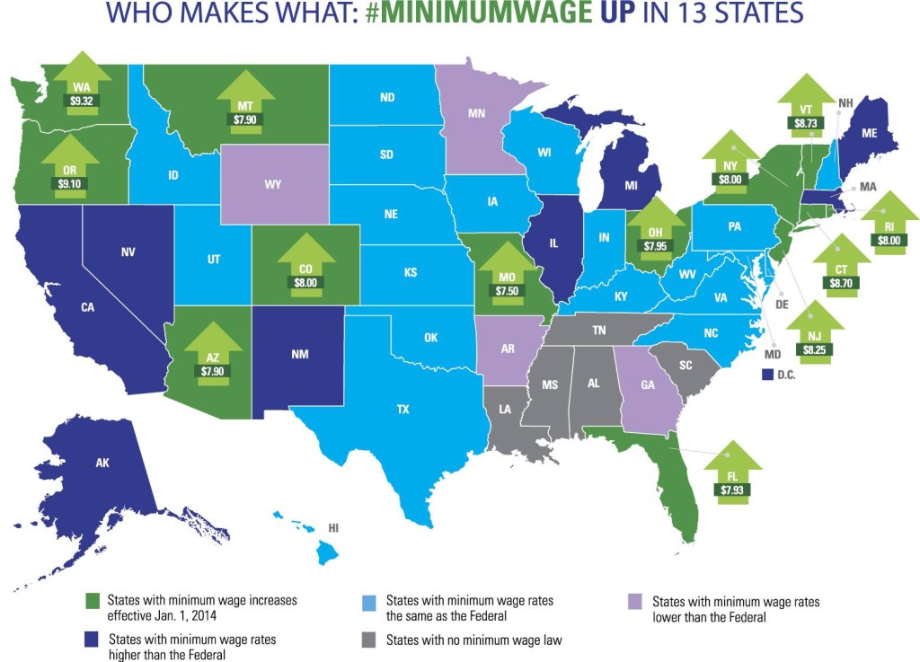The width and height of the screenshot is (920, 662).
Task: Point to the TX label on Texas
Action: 403,409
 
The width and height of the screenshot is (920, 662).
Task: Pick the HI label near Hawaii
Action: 333,528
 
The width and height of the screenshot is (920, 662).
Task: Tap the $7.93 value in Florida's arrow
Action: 732,490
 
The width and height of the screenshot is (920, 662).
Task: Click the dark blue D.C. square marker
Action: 767,374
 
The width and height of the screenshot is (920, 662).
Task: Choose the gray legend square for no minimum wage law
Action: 367,641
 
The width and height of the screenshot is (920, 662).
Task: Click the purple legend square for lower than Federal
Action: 634,603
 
